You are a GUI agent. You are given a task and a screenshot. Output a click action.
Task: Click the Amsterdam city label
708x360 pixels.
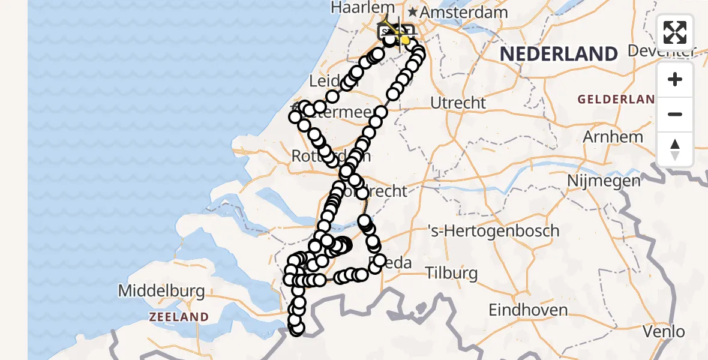point(464,13)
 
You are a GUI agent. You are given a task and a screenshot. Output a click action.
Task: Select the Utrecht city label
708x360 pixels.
point(458,103)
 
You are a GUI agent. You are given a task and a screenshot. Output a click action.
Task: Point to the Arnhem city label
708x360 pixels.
point(613,136)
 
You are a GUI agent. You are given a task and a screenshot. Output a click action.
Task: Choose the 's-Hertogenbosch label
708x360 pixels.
point(493,231)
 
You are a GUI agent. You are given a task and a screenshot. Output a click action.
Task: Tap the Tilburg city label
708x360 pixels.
point(452,274)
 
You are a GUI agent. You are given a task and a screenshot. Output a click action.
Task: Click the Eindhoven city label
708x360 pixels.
point(528,310)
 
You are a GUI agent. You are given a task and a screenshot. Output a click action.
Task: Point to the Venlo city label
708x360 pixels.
point(663,331)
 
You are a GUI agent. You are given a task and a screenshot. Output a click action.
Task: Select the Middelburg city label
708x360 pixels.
point(161,292)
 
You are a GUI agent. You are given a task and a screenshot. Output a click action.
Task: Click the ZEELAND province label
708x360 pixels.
point(179,317)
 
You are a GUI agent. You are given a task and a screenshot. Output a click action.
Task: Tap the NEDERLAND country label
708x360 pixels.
point(559,54)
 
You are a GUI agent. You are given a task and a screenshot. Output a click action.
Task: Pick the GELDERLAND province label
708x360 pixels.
point(616,99)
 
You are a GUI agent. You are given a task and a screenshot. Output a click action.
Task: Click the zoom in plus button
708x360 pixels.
point(675,79)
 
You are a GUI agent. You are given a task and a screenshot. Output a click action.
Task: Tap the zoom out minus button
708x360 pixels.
point(675,114)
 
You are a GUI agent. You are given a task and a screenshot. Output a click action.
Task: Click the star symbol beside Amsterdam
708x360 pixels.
point(412,12)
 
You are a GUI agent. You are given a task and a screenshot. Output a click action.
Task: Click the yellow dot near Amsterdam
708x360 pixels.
point(405,40)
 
